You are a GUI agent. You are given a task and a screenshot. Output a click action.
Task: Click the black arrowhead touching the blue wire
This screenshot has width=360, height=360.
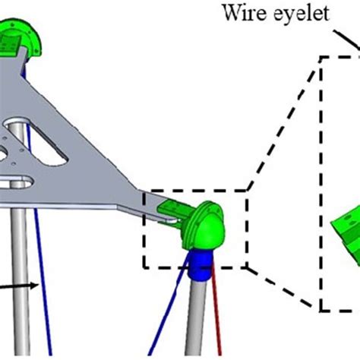[36, 286]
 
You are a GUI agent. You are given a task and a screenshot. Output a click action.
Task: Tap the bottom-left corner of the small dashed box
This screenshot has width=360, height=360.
[142, 267]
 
